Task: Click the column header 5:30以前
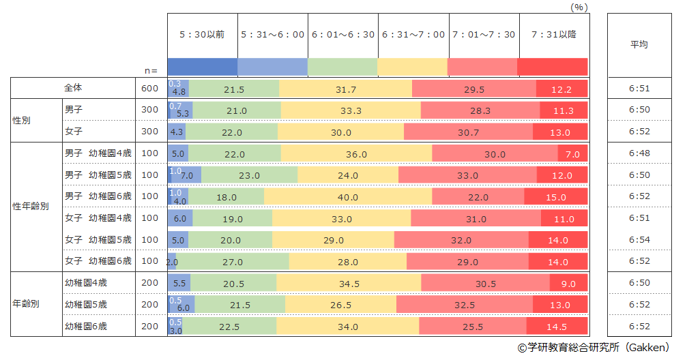point(202,35)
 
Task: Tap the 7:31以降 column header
point(553,35)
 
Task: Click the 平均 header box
point(639,45)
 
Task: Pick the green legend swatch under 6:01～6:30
point(342,67)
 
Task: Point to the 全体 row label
point(73,88)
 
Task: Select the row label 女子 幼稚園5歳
point(98,239)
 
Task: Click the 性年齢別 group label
point(31,207)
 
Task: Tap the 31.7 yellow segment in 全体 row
point(346,89)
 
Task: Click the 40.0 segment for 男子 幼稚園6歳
point(348,197)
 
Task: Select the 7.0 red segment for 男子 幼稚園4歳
point(572,154)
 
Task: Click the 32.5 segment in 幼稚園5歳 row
point(464,305)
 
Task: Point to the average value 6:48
point(639,153)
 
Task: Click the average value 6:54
point(639,240)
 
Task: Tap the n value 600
point(149,89)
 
